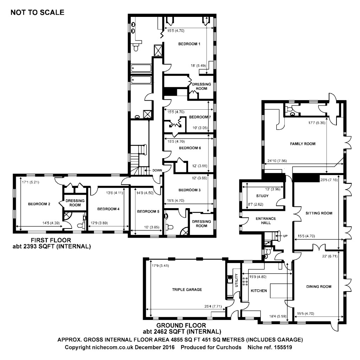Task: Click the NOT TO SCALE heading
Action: pyautogui.click(x=37, y=13)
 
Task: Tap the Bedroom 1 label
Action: pyautogui.click(x=189, y=44)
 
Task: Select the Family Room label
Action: pyautogui.click(x=303, y=144)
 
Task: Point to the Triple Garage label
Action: pyautogui.click(x=187, y=290)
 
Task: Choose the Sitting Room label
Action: pyautogui.click(x=319, y=213)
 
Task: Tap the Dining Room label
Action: pyautogui.click(x=319, y=287)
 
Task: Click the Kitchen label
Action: pyautogui.click(x=259, y=291)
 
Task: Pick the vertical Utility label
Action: pyautogui.click(x=236, y=281)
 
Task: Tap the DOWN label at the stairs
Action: pyautogui.click(x=157, y=171)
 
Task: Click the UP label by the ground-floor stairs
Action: pyautogui.click(x=285, y=235)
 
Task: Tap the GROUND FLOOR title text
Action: pyautogui.click(x=181, y=325)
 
